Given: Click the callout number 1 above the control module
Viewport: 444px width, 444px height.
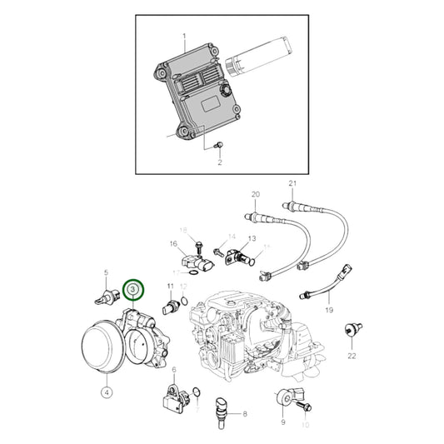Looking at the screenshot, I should pos(184,36).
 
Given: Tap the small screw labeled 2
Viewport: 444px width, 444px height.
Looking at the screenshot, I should pos(217,147).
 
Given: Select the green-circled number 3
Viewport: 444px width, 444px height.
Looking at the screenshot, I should pos(133,289).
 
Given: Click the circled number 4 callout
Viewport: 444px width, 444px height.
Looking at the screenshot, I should pos(107,390).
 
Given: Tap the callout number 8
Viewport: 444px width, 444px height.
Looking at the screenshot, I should pos(245,413).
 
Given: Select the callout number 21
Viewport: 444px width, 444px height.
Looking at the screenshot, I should pos(292,183).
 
